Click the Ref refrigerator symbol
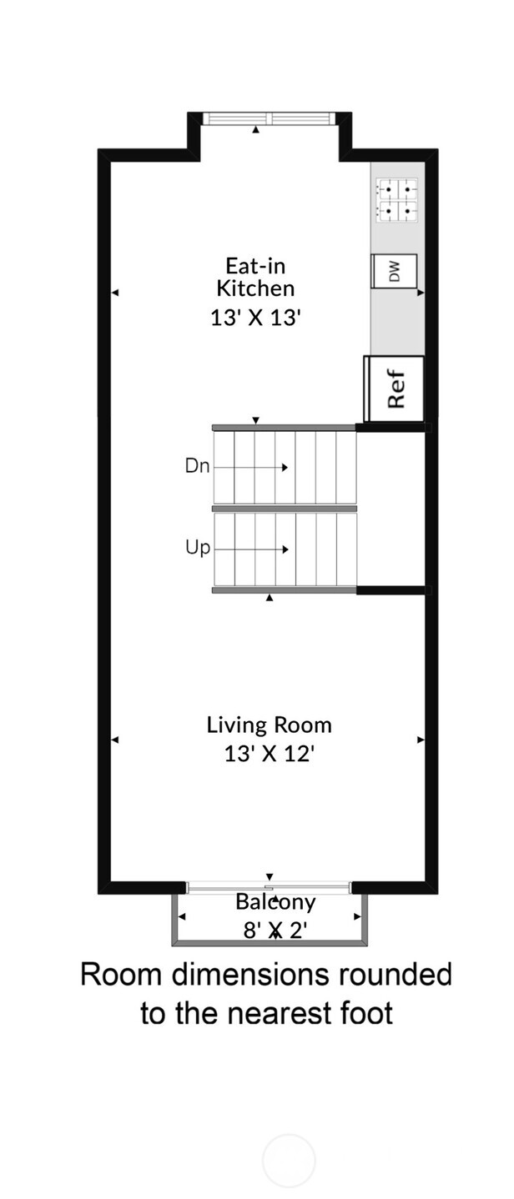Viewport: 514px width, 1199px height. (395, 389)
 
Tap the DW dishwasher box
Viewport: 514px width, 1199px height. (394, 271)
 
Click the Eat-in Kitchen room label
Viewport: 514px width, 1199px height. (255, 277)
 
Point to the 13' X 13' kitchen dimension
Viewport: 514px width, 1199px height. (254, 318)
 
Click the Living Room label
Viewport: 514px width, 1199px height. (269, 725)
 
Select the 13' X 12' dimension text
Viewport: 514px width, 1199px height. (269, 754)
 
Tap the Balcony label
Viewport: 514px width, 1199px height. (275, 901)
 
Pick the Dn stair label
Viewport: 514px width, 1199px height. (197, 466)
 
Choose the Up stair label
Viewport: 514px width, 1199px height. (199, 548)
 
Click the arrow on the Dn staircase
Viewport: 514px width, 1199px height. (285, 468)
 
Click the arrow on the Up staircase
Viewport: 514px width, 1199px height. (285, 549)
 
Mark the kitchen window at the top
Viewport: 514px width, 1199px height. (270, 118)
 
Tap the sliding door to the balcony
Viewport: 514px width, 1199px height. (269, 887)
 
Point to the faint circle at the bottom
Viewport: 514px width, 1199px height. (289, 1160)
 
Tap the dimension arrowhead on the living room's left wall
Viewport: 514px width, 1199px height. (115, 740)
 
